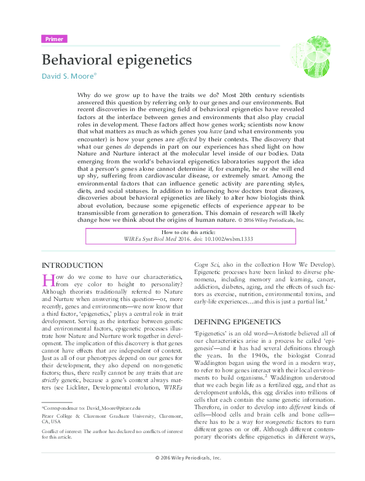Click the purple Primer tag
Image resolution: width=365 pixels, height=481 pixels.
54,39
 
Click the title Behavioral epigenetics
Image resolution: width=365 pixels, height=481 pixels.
116,61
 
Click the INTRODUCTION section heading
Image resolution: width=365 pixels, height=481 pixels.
72,265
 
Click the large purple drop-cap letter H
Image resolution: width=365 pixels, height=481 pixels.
49,280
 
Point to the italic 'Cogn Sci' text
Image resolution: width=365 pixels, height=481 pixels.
206,265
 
